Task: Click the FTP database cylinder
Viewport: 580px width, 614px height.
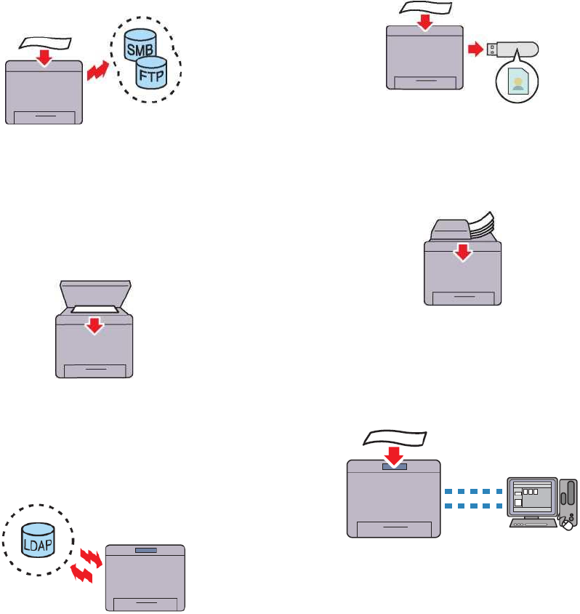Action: pyautogui.click(x=153, y=74)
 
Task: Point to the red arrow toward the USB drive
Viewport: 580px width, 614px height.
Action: pyautogui.click(x=476, y=49)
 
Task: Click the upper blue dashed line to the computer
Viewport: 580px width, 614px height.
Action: pyautogui.click(x=472, y=491)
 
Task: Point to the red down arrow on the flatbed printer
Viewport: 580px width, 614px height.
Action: pyautogui.click(x=93, y=324)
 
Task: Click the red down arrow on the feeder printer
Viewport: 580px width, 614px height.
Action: pyautogui.click(x=462, y=253)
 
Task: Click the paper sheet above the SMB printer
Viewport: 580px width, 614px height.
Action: pyautogui.click(x=46, y=44)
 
